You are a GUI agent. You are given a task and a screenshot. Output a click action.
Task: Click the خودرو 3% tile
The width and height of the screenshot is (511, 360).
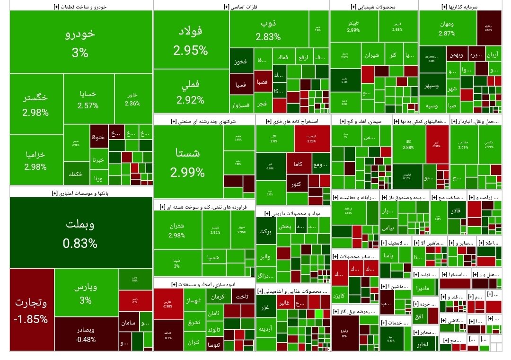[80, 43]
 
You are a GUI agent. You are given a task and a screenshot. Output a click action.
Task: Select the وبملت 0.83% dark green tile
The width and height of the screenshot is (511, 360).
[80, 233]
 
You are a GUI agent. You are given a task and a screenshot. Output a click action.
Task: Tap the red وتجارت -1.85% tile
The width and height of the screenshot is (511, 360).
[31, 310]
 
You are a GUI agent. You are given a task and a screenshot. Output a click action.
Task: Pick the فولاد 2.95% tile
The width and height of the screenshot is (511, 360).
[190, 40]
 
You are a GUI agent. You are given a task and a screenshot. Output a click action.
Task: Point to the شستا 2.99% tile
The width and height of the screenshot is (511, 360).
[188, 162]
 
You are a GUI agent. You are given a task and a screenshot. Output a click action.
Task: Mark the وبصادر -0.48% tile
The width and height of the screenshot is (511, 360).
[86, 334]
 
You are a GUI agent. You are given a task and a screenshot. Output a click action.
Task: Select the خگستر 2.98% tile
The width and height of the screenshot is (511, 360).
[36, 105]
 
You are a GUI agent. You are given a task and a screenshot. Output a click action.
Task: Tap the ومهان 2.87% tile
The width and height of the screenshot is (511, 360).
[447, 28]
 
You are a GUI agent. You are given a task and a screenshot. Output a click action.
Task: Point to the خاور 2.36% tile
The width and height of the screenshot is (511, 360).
[132, 100]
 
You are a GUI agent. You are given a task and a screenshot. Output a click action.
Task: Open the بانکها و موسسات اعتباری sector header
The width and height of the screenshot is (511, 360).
[80, 193]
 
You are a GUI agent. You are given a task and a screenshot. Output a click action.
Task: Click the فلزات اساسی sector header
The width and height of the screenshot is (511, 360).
[241, 7]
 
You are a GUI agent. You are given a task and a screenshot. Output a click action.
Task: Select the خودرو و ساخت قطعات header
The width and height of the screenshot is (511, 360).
[80, 7]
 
